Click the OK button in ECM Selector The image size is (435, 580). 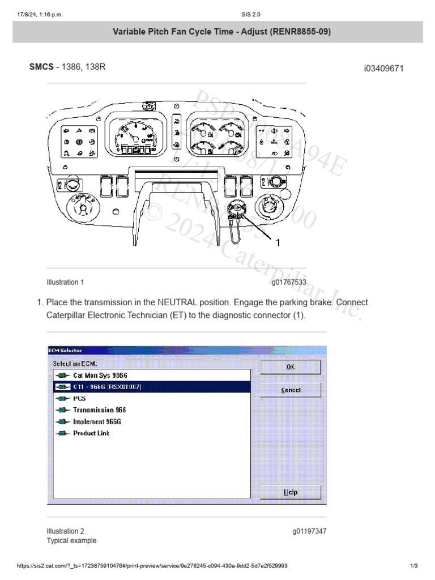click(x=290, y=367)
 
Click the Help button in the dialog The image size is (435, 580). click(x=290, y=492)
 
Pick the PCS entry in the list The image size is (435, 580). click(x=79, y=398)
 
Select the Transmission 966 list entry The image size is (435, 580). click(x=99, y=410)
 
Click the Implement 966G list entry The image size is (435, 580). click(x=97, y=422)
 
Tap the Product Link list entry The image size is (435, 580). click(x=91, y=433)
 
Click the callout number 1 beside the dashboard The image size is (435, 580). click(x=278, y=242)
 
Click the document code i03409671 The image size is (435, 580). click(x=383, y=69)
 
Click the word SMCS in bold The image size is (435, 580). click(x=41, y=67)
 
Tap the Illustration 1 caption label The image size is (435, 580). click(x=65, y=282)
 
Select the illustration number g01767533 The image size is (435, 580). click(x=289, y=282)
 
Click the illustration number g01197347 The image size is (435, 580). click(x=309, y=531)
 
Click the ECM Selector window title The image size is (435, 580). click(x=65, y=350)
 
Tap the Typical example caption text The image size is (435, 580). click(x=71, y=541)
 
